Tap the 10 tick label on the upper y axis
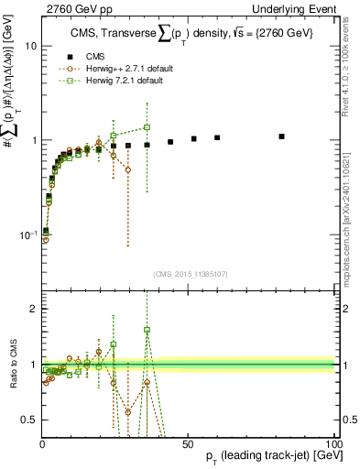coord(30,46)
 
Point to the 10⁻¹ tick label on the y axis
coord(27,234)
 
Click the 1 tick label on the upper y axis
coord(33,140)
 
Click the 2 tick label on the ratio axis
coord(33,309)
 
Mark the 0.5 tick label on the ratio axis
coord(29,420)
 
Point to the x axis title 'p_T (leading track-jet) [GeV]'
coord(260,458)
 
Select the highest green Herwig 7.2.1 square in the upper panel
coord(147,127)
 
